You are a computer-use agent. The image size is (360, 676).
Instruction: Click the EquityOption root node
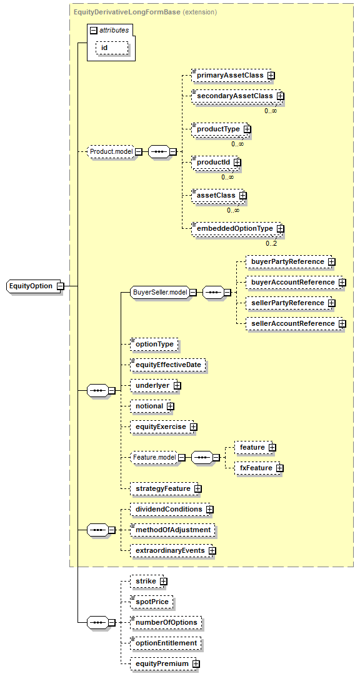point(32,286)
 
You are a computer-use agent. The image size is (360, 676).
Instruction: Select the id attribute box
point(112,48)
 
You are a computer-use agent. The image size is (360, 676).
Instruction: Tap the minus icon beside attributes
point(93,30)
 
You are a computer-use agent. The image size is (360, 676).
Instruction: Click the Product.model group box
point(111,152)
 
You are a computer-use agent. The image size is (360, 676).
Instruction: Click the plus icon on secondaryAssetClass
point(281,96)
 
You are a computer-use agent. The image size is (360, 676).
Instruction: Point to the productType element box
point(219,128)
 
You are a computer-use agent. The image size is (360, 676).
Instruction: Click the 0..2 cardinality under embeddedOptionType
point(271,244)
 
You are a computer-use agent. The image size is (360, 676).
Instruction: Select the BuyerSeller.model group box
point(159,292)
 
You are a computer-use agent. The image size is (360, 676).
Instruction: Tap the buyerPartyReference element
point(288,261)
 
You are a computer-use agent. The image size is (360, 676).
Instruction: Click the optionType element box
point(154,344)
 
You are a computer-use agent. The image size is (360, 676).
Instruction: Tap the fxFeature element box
point(256,467)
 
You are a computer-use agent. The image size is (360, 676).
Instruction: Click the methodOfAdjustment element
point(172,530)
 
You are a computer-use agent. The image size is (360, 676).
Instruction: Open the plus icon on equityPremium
point(196,664)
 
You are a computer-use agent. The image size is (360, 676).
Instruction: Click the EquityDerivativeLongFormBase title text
point(127,12)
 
